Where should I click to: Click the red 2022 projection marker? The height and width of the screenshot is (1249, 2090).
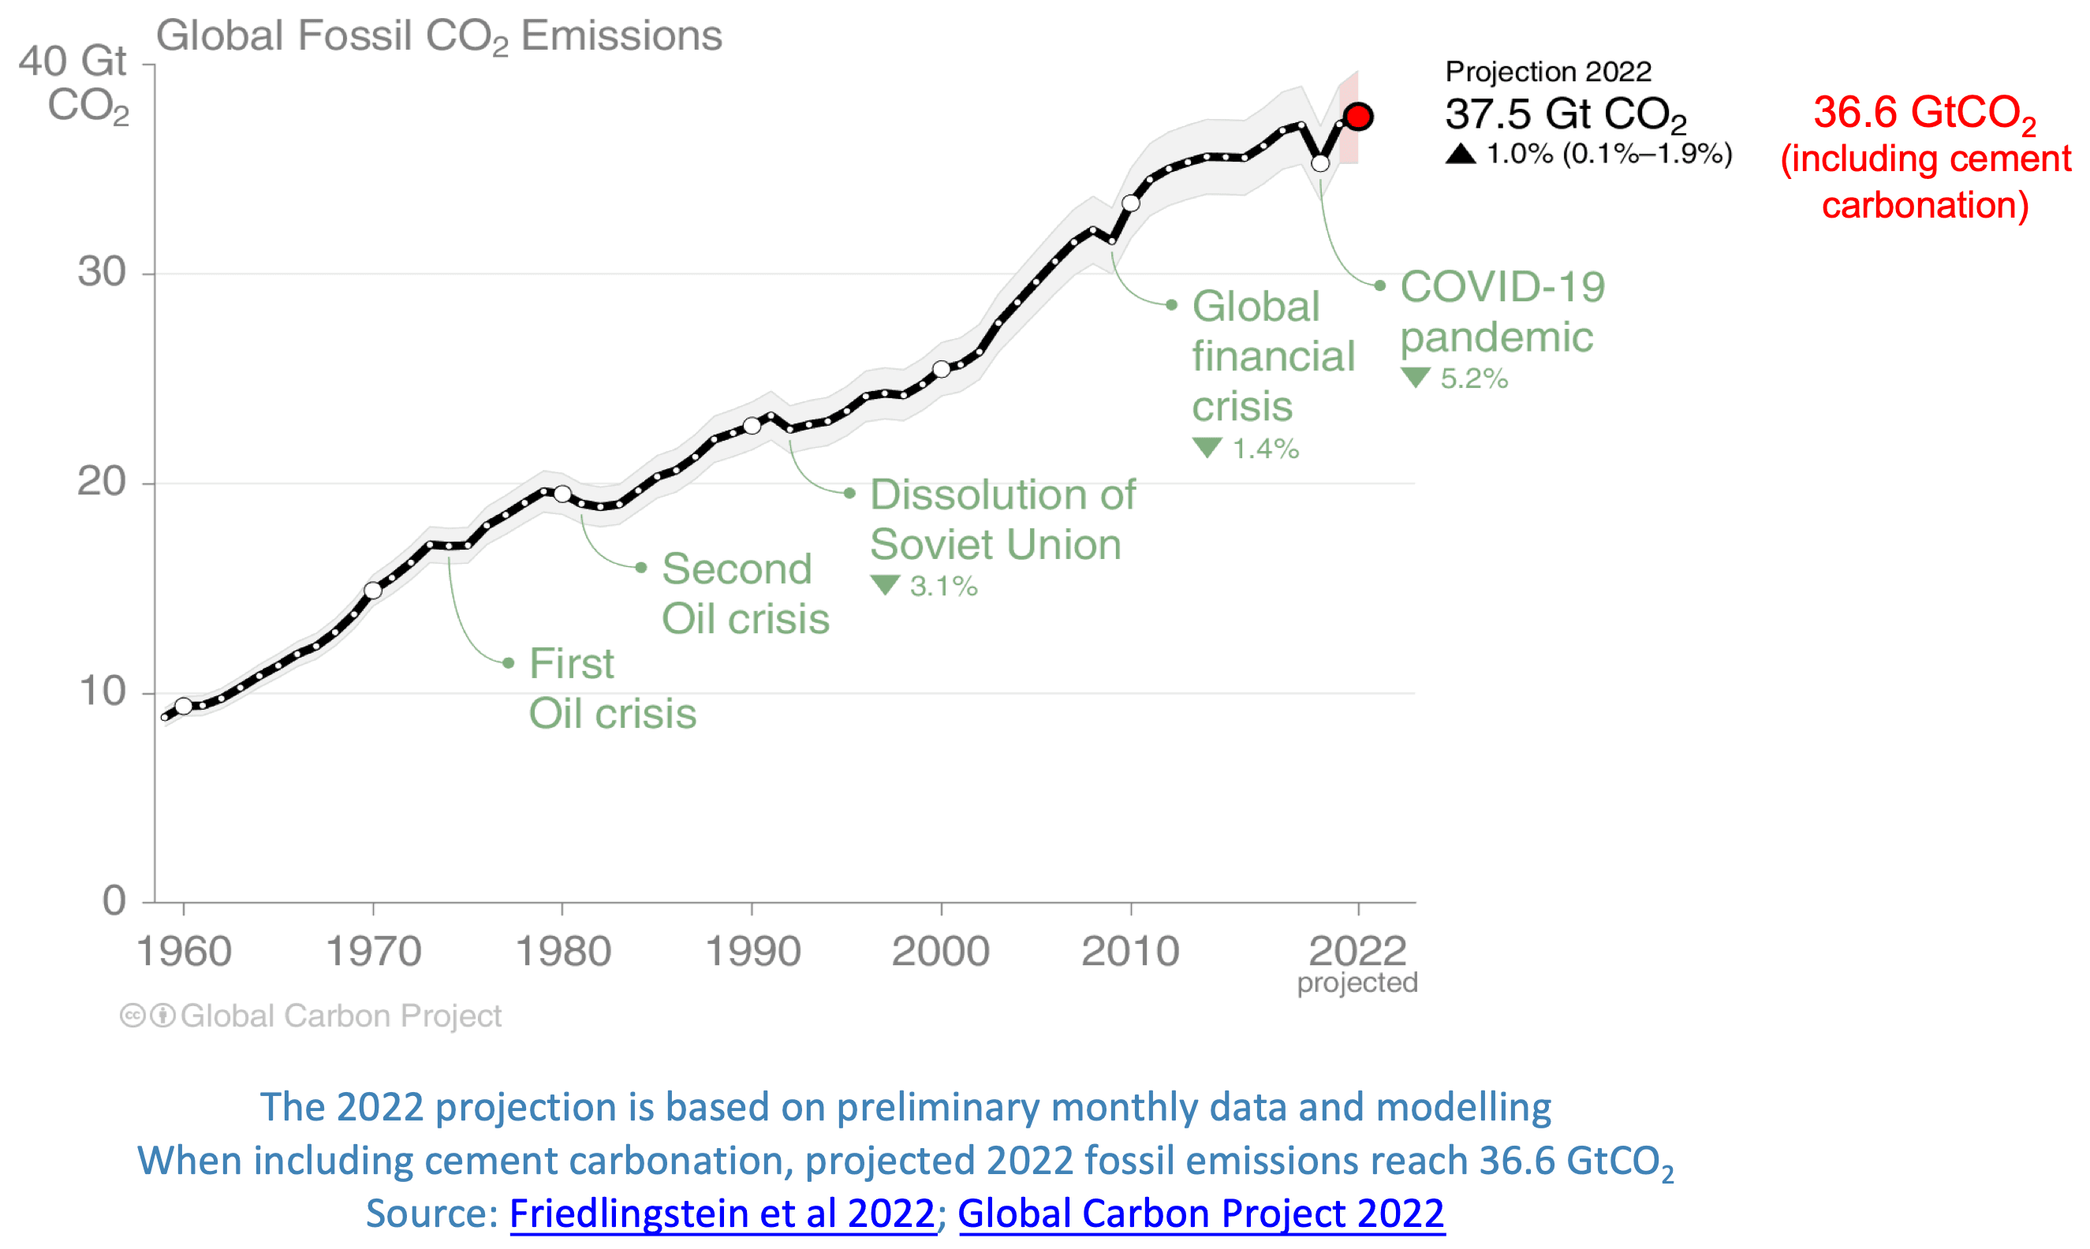point(1357,116)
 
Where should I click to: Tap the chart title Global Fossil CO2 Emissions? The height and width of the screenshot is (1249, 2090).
point(439,36)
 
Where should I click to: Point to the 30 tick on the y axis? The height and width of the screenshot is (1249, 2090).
point(102,272)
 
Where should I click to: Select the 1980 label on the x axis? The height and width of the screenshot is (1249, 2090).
point(562,952)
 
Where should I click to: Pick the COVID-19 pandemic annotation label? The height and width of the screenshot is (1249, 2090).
point(1502,311)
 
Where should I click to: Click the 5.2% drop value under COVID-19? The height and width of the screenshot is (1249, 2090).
point(1473,378)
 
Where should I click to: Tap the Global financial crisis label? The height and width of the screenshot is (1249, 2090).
point(1273,356)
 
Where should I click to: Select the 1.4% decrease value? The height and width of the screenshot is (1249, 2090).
point(1265,449)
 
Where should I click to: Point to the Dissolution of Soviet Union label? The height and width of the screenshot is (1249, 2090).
point(1002,520)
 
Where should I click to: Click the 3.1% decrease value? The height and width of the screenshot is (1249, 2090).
point(942,586)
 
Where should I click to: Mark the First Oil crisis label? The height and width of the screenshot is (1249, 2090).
point(612,688)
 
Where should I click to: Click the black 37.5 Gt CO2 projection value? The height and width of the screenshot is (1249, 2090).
point(1565,114)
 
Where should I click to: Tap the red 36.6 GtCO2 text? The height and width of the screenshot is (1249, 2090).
point(1924,113)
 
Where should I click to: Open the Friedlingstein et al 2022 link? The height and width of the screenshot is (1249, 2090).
point(722,1213)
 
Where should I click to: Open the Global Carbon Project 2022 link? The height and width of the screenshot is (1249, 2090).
point(1200,1213)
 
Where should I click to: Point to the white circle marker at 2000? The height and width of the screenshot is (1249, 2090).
point(941,369)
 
